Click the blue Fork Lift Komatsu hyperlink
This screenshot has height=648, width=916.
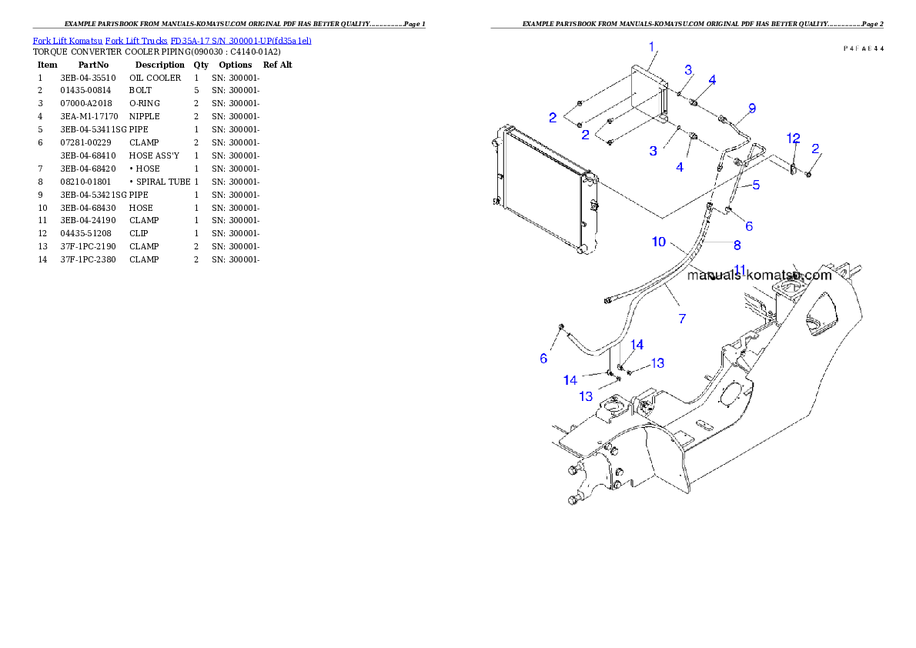point(172,40)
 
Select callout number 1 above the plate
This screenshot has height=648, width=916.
point(651,47)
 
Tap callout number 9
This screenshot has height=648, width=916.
point(752,107)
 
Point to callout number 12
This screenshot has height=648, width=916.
point(793,138)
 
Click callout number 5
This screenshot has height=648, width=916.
point(756,185)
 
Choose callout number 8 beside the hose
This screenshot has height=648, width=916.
point(737,246)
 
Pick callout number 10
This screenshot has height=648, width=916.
point(659,242)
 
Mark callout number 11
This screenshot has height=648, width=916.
point(740,269)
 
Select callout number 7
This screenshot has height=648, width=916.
point(682,318)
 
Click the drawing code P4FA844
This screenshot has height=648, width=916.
point(862,48)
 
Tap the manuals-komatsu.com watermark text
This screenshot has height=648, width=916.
point(759,275)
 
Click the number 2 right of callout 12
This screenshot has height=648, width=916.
point(815,148)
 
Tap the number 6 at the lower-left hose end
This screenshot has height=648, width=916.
point(543,358)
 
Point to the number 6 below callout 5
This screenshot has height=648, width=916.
point(748,226)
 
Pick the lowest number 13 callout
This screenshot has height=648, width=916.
point(587,396)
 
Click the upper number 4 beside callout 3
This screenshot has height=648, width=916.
point(712,79)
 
